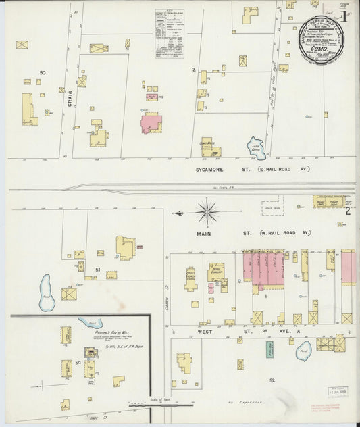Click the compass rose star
click(207, 214)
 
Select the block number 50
click(43, 72)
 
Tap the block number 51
click(97, 270)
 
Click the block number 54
click(78, 363)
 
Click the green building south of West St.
click(269, 349)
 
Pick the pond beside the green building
click(305, 349)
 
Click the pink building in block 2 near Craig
click(151, 124)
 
